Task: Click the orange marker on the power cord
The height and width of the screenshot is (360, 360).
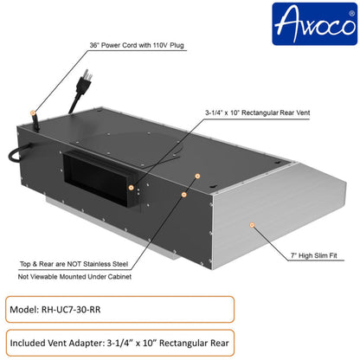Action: tap(35, 113)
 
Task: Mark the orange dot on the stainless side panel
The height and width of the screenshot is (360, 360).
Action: tap(252, 224)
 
